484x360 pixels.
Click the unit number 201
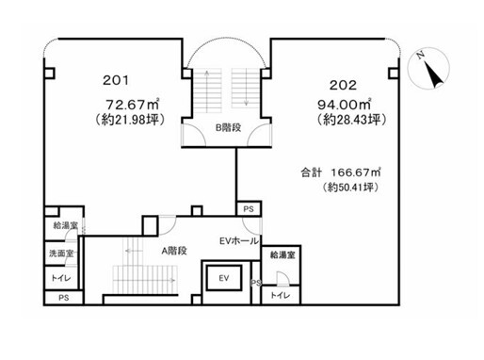pyautogui.click(x=116, y=80)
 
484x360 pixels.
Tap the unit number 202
pyautogui.click(x=343, y=85)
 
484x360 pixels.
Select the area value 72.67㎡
pyautogui.click(x=133, y=104)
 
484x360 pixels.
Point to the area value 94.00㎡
pyautogui.click(x=345, y=105)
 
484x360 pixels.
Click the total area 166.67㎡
pyautogui.click(x=356, y=172)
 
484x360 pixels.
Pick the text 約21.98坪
pyautogui.click(x=130, y=120)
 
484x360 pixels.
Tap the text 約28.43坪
pyautogui.click(x=351, y=120)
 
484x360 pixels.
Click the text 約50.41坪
pyautogui.click(x=350, y=188)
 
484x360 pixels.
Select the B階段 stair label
pyautogui.click(x=228, y=127)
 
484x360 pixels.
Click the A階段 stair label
pyautogui.click(x=174, y=251)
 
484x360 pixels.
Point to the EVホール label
pyautogui.click(x=239, y=241)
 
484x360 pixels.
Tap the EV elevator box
pyautogui.click(x=224, y=278)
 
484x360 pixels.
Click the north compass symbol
pyautogui.click(x=428, y=68)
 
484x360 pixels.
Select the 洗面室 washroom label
pyautogui.click(x=62, y=254)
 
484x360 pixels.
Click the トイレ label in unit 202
pyautogui.click(x=281, y=295)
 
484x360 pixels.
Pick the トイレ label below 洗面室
pyautogui.click(x=61, y=278)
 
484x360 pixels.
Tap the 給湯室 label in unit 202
pyautogui.click(x=282, y=255)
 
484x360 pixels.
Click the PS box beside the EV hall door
pyautogui.click(x=249, y=209)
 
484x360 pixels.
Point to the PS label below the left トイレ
pyautogui.click(x=64, y=298)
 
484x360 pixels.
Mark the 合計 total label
pyautogui.click(x=312, y=172)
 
